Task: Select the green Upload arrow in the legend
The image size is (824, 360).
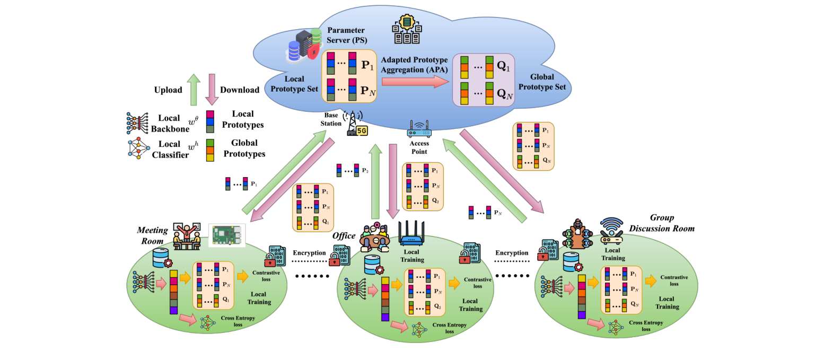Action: [194, 89]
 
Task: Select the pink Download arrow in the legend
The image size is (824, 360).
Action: [212, 89]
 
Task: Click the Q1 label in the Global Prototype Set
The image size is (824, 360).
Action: [504, 68]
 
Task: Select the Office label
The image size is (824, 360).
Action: [344, 235]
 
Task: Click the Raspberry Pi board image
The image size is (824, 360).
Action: [227, 234]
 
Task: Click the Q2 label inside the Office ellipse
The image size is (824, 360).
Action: [436, 306]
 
